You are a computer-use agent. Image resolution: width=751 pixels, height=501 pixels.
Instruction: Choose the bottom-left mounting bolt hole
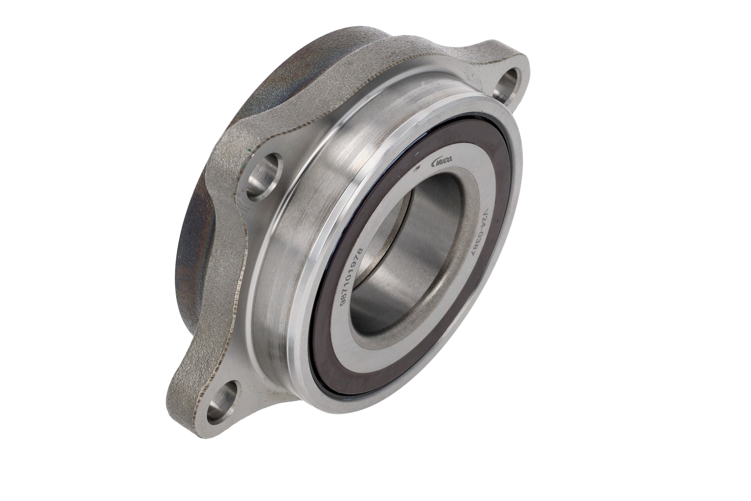click(x=223, y=400)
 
